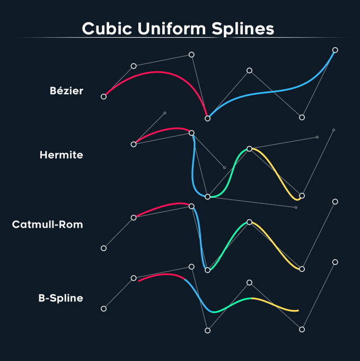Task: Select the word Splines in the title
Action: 248,28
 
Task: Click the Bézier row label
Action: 66,91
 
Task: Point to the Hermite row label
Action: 61,155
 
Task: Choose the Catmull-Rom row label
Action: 47,225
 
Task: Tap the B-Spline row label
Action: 60,298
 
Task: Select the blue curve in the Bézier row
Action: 265,92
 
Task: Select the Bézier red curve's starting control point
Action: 103,96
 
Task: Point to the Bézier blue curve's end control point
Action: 335,50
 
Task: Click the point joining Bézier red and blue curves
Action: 207,118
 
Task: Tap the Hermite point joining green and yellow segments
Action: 250,149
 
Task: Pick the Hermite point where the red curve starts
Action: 134,144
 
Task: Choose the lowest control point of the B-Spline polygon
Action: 207,330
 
